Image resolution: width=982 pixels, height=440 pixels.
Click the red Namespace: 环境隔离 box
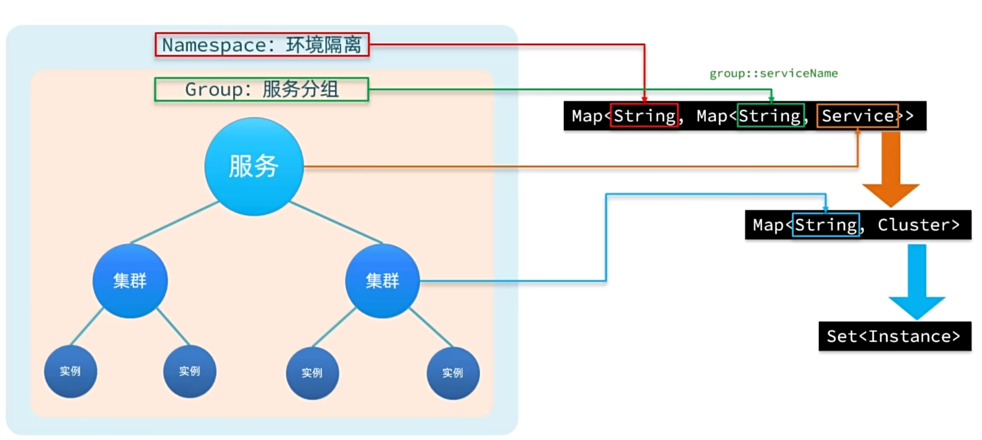(x=262, y=45)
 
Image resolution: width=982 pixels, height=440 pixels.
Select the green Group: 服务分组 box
(x=262, y=90)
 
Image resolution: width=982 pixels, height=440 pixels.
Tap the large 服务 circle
(x=254, y=166)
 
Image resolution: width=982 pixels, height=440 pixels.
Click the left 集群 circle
(x=130, y=281)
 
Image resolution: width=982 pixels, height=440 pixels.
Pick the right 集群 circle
(x=382, y=281)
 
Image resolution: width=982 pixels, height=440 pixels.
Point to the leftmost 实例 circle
(x=70, y=371)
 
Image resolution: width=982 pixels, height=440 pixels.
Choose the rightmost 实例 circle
(x=453, y=373)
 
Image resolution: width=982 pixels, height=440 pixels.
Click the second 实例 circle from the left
(x=190, y=371)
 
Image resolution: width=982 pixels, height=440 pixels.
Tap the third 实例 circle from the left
(x=312, y=373)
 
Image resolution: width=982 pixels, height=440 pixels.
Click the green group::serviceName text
(x=773, y=74)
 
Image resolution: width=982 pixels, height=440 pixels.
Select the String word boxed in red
(x=644, y=116)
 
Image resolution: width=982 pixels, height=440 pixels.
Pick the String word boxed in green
(x=770, y=116)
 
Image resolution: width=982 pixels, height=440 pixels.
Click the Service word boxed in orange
(x=857, y=116)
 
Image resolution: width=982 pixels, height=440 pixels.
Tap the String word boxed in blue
(x=825, y=225)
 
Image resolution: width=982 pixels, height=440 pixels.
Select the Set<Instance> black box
(x=894, y=336)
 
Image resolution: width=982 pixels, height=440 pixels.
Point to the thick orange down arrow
(x=891, y=169)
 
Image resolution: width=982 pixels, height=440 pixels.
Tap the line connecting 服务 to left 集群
(x=175, y=222)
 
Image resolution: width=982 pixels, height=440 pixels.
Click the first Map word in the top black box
(x=587, y=116)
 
